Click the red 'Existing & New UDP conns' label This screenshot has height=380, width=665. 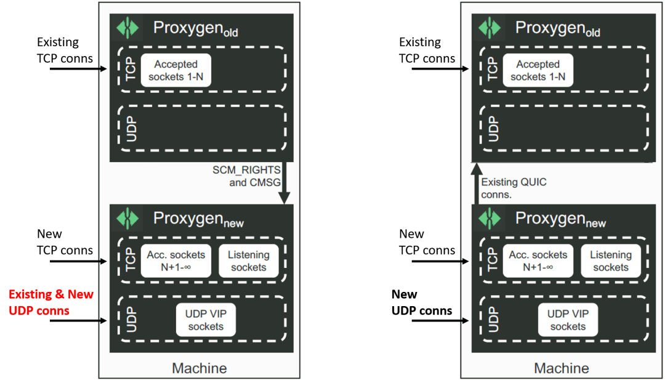tap(51, 302)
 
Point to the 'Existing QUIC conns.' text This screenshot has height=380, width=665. tap(514, 188)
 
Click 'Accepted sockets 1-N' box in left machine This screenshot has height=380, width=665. tap(176, 70)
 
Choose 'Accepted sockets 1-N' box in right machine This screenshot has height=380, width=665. tap(538, 70)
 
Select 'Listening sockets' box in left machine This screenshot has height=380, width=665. tap(249, 261)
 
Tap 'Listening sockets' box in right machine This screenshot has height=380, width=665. tap(611, 261)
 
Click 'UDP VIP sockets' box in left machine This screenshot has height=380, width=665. tap(206, 320)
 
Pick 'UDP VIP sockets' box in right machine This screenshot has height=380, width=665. tap(568, 320)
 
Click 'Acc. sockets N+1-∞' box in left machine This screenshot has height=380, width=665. tap(176, 261)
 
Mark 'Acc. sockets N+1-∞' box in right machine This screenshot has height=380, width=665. tap(538, 261)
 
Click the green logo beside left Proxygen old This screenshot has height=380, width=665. tap(128, 28)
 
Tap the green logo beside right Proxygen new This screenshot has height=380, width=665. tap(490, 219)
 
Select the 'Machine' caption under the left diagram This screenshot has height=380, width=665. tap(199, 368)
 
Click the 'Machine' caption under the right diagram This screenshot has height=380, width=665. tap(562, 368)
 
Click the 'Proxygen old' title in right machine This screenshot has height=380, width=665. tap(557, 29)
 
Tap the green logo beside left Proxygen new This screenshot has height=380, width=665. tap(128, 219)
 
